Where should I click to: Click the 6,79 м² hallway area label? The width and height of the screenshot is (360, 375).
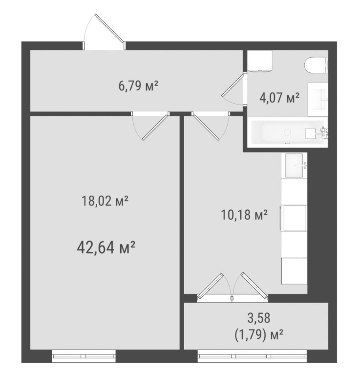point(138,86)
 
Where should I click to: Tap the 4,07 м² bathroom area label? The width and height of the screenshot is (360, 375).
point(279,98)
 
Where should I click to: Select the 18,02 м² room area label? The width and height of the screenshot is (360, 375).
point(105,201)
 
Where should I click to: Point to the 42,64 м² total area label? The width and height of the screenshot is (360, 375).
point(106,248)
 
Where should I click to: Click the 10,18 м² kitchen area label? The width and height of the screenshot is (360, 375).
point(244,215)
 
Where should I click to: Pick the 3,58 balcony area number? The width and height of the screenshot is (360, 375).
point(259,318)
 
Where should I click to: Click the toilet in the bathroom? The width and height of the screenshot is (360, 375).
point(317,65)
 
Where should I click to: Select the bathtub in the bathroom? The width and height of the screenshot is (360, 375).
point(288,132)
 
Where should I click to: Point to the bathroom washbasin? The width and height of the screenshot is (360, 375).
point(318,99)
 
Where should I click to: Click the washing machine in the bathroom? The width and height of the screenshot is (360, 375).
point(260,61)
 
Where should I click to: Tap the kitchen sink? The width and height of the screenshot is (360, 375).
point(295,165)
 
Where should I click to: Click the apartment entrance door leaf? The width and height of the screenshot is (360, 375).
point(109,28)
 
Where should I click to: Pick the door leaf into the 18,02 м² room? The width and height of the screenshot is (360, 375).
point(154,128)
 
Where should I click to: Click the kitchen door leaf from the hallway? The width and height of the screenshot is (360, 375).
point(206,128)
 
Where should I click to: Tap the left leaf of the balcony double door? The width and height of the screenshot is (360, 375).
point(211,286)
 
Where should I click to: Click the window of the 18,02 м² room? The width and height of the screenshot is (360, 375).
point(84,356)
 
